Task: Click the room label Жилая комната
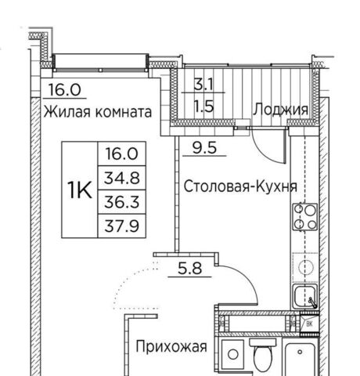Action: (x=98, y=112)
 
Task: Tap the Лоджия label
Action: (x=281, y=110)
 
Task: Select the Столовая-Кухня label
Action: (x=240, y=186)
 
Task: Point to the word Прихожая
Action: (x=171, y=347)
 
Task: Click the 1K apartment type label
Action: (x=80, y=190)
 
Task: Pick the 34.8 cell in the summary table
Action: (x=122, y=178)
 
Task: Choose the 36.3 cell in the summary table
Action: (x=122, y=202)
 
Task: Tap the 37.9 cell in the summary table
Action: (x=122, y=226)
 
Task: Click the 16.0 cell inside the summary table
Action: (x=122, y=154)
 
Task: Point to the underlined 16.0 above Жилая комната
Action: (x=65, y=90)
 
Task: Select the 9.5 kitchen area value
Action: (x=204, y=148)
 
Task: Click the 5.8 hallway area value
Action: (x=189, y=268)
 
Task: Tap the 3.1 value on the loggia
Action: (x=203, y=85)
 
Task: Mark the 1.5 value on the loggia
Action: (x=204, y=107)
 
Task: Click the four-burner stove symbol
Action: (x=305, y=217)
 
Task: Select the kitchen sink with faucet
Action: (x=305, y=297)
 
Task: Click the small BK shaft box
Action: (x=309, y=324)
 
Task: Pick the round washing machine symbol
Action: (x=232, y=354)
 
